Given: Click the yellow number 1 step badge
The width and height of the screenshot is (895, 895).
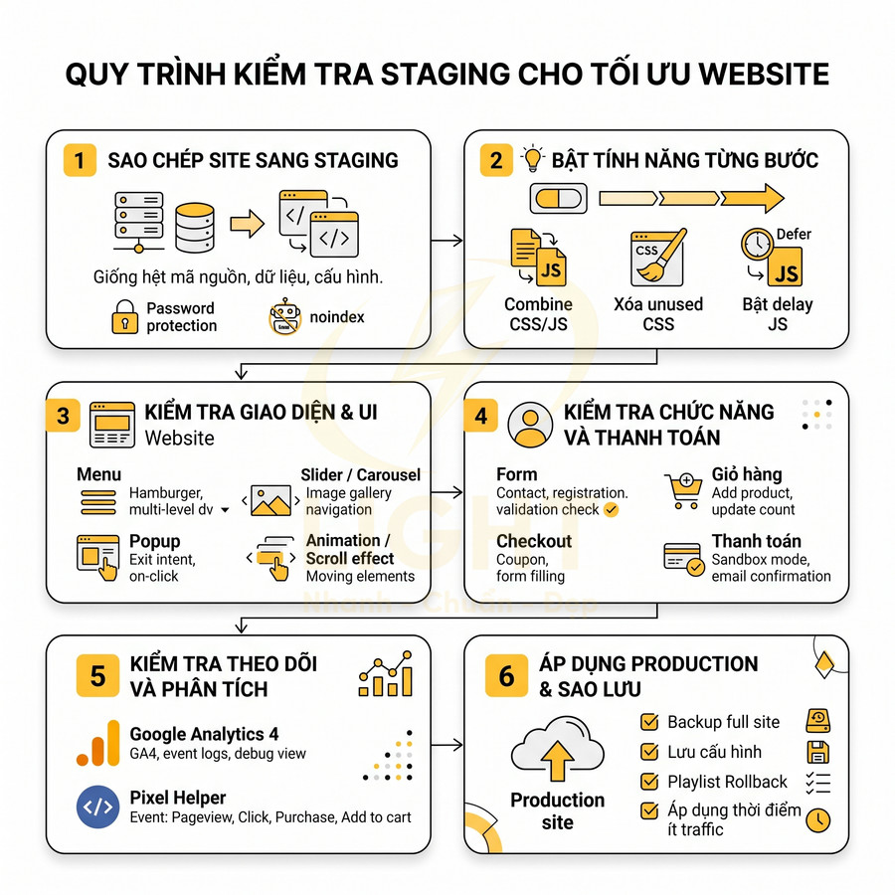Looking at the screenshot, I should (80, 160).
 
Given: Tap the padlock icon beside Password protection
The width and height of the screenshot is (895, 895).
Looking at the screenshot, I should (124, 316).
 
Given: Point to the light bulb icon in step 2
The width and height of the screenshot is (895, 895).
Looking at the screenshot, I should (534, 159).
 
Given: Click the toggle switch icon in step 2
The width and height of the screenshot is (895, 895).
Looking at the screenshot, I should (560, 199).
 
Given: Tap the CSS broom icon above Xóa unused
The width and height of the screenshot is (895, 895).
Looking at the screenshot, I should (657, 258).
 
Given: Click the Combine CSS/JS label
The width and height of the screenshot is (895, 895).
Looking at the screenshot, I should (538, 313).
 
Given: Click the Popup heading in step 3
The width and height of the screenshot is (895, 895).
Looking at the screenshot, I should (155, 541).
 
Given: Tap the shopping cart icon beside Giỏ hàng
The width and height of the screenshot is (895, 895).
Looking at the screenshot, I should (683, 490).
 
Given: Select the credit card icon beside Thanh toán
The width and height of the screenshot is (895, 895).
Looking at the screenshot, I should (683, 557).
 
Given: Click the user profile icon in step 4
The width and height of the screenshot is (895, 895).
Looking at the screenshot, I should (529, 424).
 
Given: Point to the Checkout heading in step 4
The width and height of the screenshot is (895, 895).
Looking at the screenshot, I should (534, 541).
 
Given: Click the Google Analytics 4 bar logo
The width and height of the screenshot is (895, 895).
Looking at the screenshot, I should (97, 743).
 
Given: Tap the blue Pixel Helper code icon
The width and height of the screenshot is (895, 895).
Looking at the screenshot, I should (97, 806).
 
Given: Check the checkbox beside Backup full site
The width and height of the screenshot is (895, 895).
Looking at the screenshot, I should (650, 722).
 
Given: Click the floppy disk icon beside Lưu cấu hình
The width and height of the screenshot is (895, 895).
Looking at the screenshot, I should (817, 752).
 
